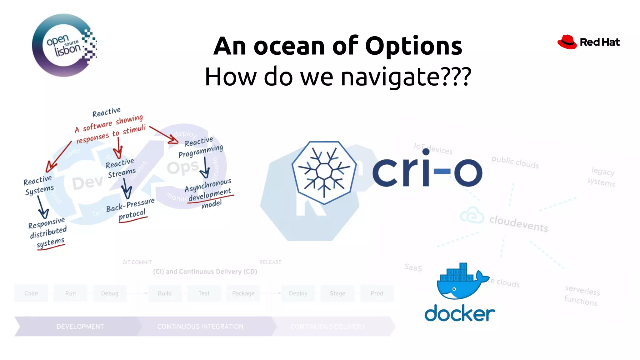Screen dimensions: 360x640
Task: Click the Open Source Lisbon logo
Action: (x=64, y=45)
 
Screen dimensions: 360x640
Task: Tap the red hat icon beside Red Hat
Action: (x=567, y=42)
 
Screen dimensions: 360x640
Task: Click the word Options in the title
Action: (x=413, y=46)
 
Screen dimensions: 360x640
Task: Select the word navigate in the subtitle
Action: (x=389, y=77)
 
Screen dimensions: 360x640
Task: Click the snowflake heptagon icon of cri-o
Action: (x=324, y=172)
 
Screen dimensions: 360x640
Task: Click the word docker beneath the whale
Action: (x=459, y=313)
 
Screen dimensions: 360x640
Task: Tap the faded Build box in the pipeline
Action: (x=165, y=293)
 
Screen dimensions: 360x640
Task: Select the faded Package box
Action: (x=243, y=293)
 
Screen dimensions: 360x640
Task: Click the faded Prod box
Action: (x=377, y=293)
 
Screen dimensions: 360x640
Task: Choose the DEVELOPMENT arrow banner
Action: (x=80, y=327)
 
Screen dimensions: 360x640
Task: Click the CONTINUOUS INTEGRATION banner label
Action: (x=200, y=327)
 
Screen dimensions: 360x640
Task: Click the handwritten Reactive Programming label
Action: (x=201, y=147)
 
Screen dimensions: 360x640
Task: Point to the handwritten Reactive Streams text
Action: (x=121, y=168)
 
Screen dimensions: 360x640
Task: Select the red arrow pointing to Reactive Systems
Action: (x=58, y=157)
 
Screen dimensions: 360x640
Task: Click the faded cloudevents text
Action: (x=518, y=224)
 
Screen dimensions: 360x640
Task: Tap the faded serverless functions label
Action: (x=582, y=296)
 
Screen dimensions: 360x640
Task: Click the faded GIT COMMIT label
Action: (x=137, y=262)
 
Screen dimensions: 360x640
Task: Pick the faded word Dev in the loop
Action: (x=87, y=183)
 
